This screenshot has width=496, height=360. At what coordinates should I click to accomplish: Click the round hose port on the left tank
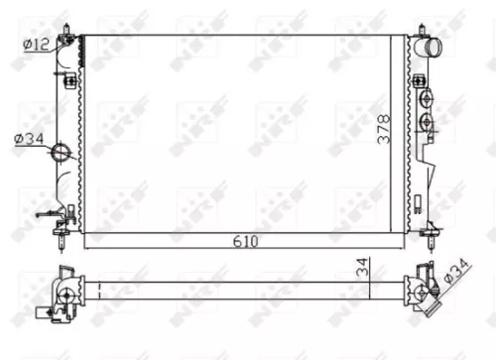tap(62, 153)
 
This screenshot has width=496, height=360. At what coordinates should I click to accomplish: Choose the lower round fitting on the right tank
tap(427, 123)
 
